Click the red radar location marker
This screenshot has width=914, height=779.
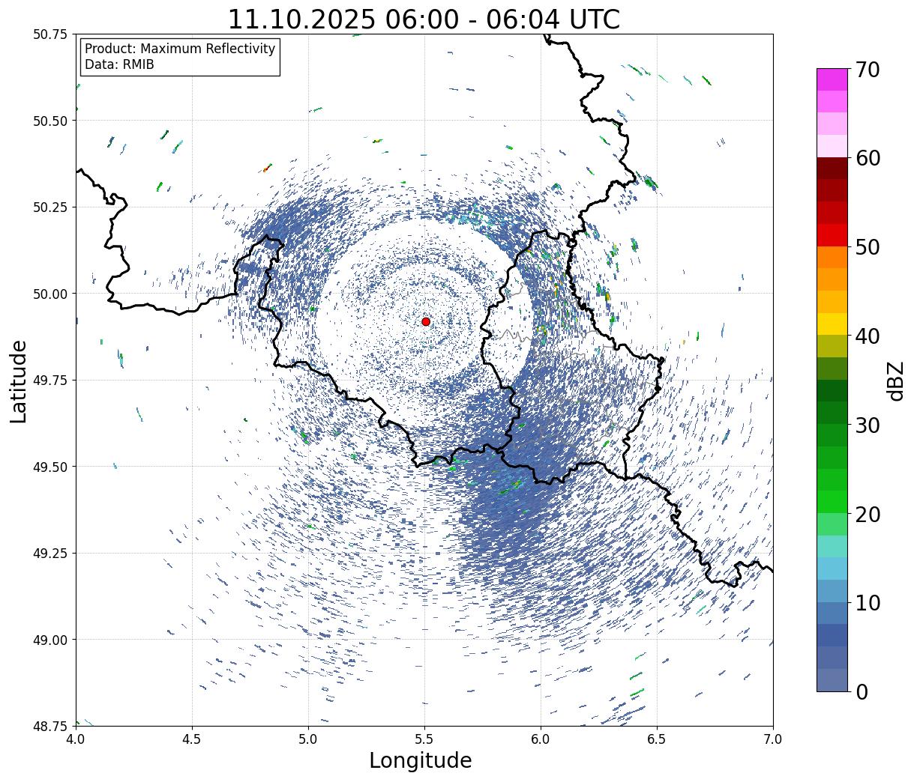tap(426, 321)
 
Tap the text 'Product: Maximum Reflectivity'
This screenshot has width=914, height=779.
tap(180, 49)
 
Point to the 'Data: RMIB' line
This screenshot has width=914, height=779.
tap(119, 64)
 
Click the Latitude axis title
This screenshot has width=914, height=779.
tap(19, 381)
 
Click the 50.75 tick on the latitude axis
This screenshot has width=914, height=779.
tap(50, 34)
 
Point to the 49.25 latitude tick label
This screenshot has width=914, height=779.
tap(50, 554)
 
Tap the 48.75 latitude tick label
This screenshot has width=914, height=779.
tap(50, 726)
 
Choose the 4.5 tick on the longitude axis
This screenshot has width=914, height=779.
tap(192, 739)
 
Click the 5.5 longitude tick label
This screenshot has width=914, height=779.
tap(424, 739)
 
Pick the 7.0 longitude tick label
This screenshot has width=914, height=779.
tap(773, 739)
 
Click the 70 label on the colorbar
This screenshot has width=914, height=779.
tap(868, 70)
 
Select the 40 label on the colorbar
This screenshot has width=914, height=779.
tap(868, 336)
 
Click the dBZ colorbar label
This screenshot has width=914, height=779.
tap(895, 381)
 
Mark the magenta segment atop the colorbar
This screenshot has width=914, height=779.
tap(832, 79)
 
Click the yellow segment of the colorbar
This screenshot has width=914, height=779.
tap(832, 324)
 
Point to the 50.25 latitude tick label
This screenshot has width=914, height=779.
tap(50, 207)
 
